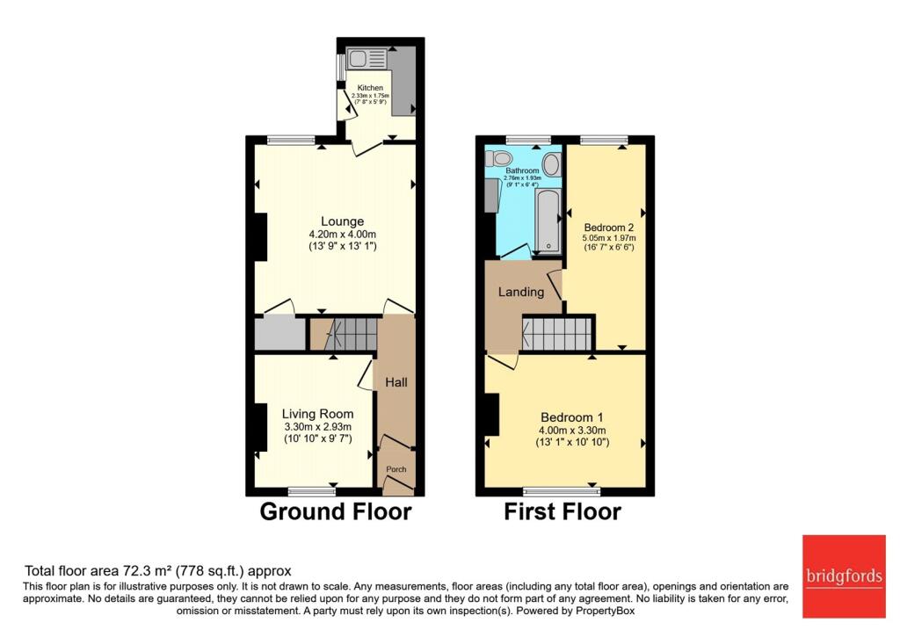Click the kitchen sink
(367, 59)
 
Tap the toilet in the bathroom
(499, 159)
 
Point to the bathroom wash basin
(552, 163)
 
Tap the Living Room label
(317, 414)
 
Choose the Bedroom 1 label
(572, 416)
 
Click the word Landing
(521, 292)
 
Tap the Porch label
(396, 469)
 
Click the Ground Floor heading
(335, 511)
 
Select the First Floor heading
(562, 511)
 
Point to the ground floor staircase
(352, 334)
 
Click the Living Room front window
(311, 490)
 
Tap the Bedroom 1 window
(562, 490)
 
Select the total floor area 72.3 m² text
(157, 570)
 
